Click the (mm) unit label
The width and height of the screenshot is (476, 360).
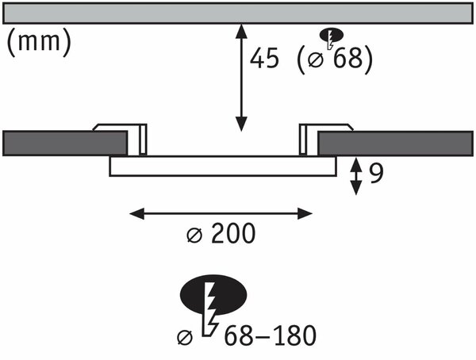(x=39, y=42)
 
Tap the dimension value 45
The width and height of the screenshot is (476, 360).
(x=264, y=58)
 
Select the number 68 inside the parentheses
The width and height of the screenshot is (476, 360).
(x=348, y=58)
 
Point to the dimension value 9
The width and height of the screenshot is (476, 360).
(x=376, y=174)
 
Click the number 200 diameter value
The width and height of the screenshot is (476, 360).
(x=233, y=233)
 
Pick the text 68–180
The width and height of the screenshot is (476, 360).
(x=271, y=335)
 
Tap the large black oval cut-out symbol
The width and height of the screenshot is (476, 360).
(x=213, y=294)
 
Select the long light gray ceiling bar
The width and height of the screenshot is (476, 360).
(x=238, y=13)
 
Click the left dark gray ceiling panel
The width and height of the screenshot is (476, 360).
(x=65, y=144)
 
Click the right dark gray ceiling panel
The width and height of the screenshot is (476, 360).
(x=395, y=144)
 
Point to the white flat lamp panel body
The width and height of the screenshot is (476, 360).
(x=223, y=166)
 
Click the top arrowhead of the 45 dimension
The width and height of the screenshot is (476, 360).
(x=241, y=31)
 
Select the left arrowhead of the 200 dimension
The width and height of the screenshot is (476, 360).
(x=137, y=213)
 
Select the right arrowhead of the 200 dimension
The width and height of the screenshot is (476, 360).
(x=305, y=213)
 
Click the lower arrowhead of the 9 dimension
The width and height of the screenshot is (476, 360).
(x=355, y=188)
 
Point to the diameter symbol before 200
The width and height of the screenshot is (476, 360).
(x=194, y=236)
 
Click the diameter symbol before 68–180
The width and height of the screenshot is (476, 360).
(x=185, y=338)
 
